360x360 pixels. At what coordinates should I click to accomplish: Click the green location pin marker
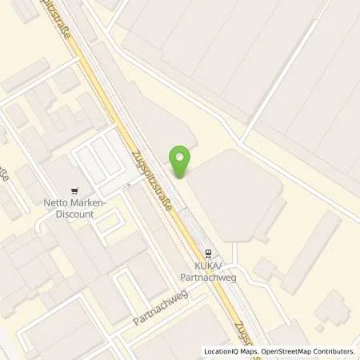point(181,160)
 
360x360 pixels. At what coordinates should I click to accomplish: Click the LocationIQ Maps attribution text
point(231,351)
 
